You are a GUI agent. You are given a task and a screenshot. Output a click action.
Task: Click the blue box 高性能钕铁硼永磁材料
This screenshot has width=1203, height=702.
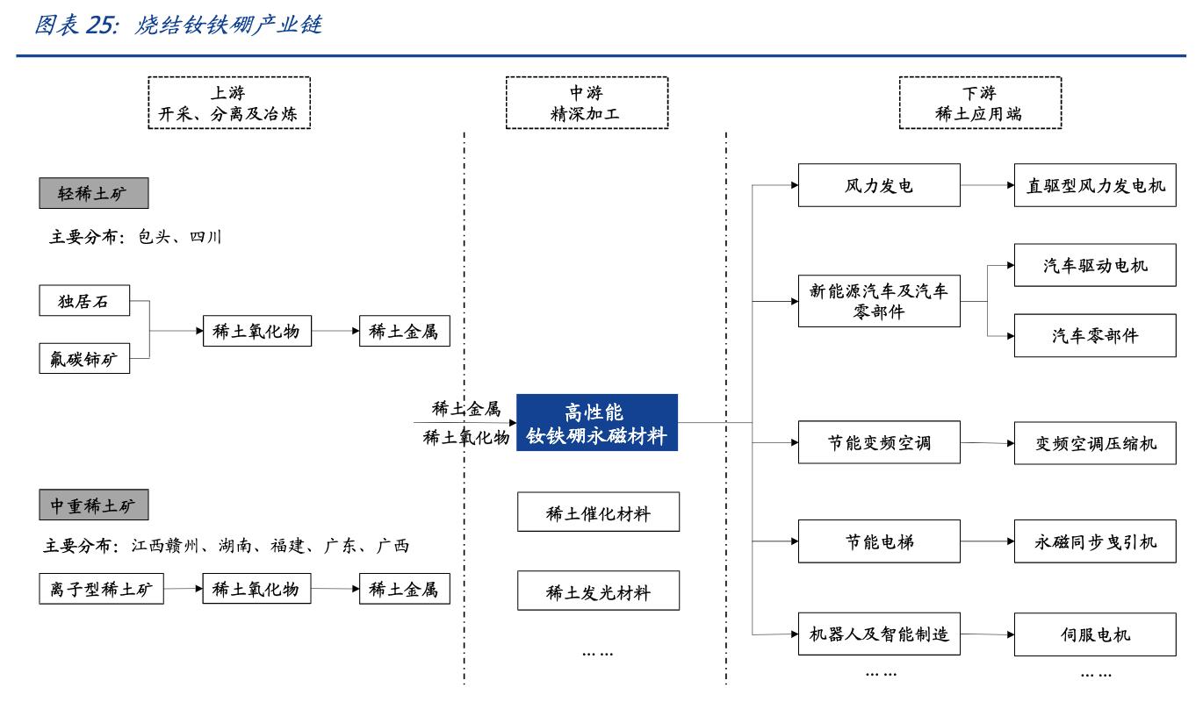coord(597,423)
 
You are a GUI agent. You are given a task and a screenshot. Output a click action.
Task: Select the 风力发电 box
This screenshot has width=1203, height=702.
coord(878,185)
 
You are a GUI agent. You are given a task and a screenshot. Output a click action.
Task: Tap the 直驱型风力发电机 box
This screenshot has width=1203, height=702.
coord(1095,185)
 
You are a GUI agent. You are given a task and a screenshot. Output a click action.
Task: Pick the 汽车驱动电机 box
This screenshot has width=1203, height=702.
coord(1095,265)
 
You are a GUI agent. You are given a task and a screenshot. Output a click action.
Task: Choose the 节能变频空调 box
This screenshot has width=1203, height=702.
coord(878,442)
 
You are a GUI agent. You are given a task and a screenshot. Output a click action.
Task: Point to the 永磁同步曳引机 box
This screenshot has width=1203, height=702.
coord(1095,541)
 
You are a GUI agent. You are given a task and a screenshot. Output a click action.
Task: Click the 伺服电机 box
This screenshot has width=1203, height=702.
coord(1095,634)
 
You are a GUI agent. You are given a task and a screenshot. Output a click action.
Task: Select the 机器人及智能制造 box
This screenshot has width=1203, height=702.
coord(878,634)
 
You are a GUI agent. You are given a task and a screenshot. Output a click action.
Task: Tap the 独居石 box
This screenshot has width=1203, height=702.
coord(84,302)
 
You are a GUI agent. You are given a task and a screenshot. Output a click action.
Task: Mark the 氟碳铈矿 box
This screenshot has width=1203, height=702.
coord(84,358)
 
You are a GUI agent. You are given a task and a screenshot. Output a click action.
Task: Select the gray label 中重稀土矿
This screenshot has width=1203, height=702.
coord(93,505)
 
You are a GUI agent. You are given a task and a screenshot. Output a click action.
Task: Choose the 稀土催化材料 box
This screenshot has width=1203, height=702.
coord(598,512)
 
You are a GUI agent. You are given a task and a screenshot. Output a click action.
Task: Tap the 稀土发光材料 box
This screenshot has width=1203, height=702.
coord(598,591)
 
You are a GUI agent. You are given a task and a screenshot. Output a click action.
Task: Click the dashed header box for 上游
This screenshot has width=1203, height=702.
coord(229,104)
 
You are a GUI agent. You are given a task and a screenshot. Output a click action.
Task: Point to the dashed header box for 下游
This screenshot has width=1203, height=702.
coord(979,104)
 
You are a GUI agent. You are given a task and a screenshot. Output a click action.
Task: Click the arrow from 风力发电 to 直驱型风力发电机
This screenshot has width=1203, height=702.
coord(987,185)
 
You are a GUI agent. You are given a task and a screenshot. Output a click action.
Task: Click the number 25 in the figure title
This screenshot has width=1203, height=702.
coord(99,26)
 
